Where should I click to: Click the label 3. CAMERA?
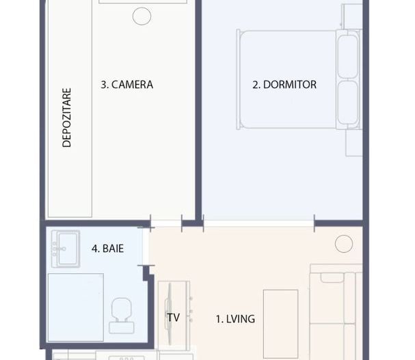[x=126, y=85]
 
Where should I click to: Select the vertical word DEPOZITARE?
[x=67, y=116]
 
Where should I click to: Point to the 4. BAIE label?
[x=108, y=249]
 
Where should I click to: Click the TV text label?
[x=172, y=318]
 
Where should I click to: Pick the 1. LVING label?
[x=235, y=318]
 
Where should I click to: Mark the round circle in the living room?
[x=343, y=243]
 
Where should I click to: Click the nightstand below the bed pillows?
[x=354, y=142]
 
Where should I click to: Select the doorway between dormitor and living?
[x=258, y=223]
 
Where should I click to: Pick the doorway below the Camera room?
[x=165, y=223]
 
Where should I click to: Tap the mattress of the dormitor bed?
[x=287, y=79]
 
